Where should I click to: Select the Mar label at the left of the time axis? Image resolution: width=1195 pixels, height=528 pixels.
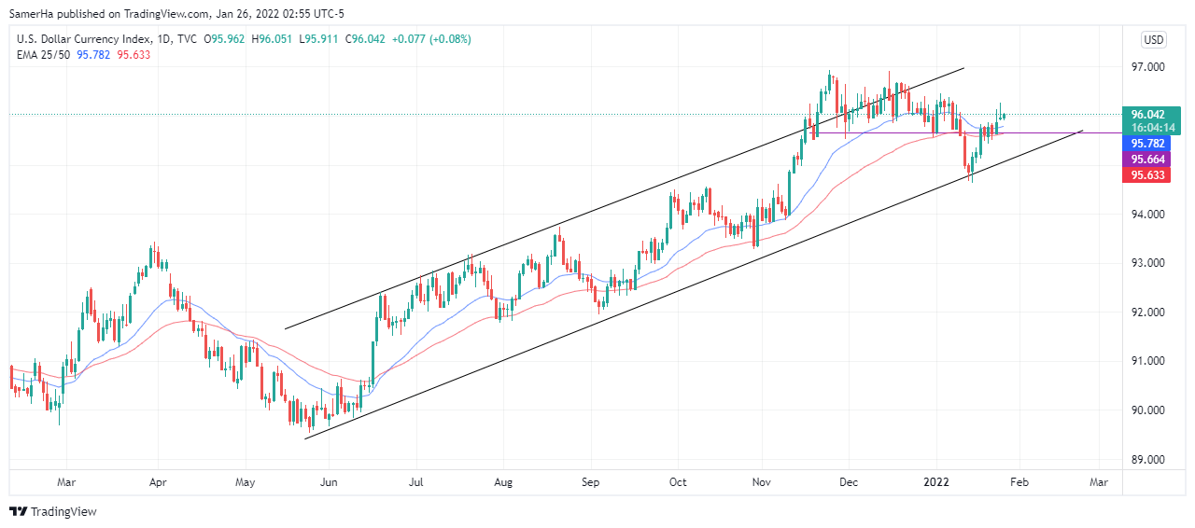pos(66,482)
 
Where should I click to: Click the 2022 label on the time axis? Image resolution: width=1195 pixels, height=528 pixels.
pos(935,482)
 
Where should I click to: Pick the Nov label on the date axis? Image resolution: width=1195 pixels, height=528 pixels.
pos(762,482)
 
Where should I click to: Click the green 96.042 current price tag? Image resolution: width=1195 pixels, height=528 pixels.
pos(1149,114)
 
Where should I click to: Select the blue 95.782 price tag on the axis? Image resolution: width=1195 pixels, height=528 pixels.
pos(1149,144)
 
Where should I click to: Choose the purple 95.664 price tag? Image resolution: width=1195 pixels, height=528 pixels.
pos(1149,160)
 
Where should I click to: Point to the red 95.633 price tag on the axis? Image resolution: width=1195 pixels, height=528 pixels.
pos(1149,174)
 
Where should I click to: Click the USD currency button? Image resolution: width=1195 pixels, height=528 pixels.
pos(1154,39)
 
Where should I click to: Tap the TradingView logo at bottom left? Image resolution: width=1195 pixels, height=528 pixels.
pos(53,511)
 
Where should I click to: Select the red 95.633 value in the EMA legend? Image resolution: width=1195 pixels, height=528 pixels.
pos(134,54)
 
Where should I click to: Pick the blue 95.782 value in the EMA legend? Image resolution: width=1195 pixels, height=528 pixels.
pos(93,54)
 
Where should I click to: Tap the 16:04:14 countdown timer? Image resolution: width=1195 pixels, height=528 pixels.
pos(1149,128)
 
